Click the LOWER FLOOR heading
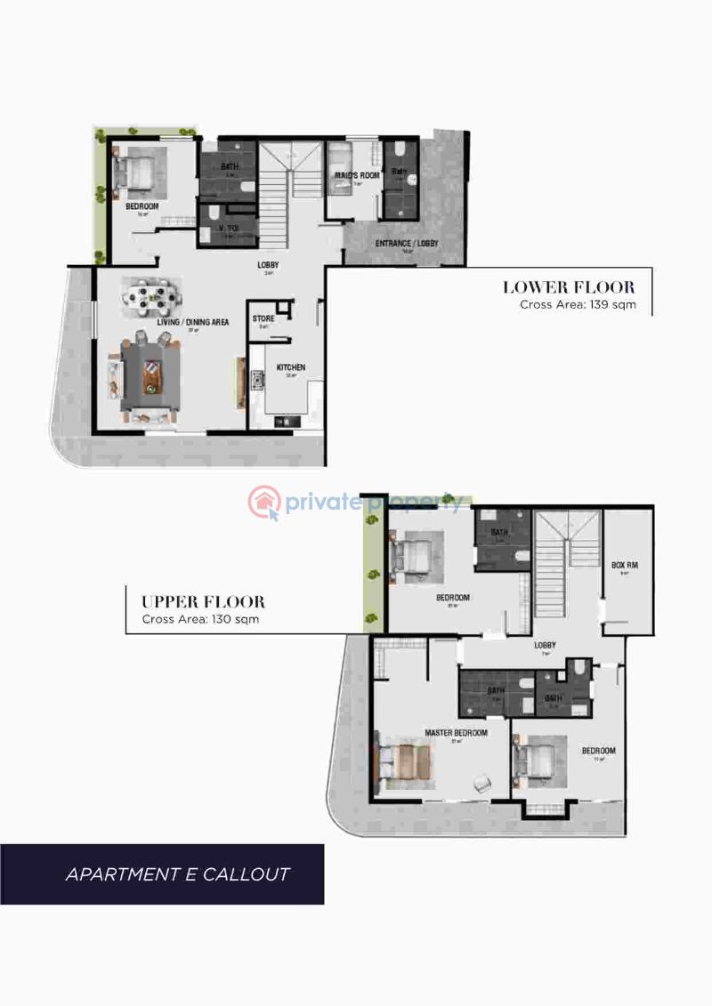[x=569, y=287]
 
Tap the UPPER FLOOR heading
[x=203, y=602]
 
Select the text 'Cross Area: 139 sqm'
[x=577, y=304]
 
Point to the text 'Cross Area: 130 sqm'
[x=200, y=619]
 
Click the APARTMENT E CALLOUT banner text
[x=178, y=873]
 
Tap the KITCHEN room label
[x=291, y=367]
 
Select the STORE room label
[x=263, y=318]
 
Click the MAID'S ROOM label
[x=356, y=176]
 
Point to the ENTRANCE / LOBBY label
[x=406, y=244]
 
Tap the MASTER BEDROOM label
[x=456, y=733]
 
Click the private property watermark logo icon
[x=264, y=503]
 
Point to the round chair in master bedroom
[x=481, y=783]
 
